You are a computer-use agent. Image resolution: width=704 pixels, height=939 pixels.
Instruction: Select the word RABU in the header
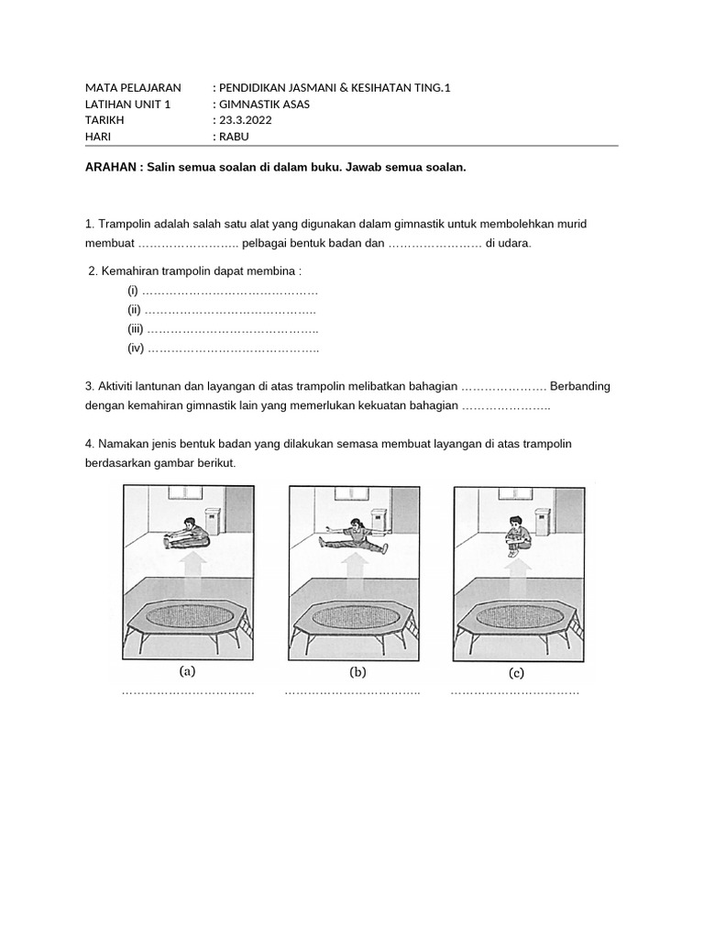(x=233, y=137)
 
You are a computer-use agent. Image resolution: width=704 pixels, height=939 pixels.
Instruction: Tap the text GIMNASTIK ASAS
(x=264, y=104)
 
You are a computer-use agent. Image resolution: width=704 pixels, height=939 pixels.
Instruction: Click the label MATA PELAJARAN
(x=133, y=87)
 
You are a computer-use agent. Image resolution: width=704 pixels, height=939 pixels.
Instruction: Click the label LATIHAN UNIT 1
(x=127, y=104)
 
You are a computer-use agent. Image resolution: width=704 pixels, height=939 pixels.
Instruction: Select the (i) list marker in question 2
(x=133, y=291)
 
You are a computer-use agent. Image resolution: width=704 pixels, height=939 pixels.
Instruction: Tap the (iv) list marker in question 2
(x=136, y=348)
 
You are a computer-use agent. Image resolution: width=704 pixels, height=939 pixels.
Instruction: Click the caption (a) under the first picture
(x=187, y=671)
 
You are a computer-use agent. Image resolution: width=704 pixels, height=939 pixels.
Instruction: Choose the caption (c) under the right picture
(x=516, y=673)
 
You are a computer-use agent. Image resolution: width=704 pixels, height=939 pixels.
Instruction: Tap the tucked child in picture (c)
(x=517, y=536)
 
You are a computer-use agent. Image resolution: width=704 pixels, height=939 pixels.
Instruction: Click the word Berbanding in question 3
(x=580, y=386)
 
